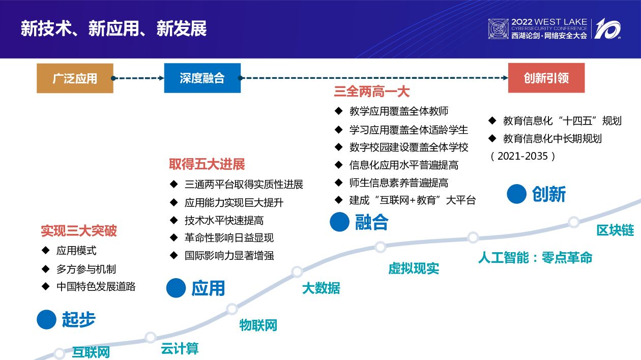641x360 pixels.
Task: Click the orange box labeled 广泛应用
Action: pos(75,78)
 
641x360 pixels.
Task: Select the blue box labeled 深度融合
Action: pos(202,78)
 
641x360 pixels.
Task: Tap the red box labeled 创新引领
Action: pos(546,78)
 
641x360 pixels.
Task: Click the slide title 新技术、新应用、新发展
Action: pos(114,28)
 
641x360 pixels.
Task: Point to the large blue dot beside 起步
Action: pos(46,319)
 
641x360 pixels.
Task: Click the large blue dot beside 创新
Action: pos(516,194)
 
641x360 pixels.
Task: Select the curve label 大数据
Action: pos(320,288)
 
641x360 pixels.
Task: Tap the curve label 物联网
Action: pos(258,325)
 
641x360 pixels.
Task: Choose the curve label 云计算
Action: pos(180,349)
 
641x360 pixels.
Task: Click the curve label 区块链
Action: pos(615,230)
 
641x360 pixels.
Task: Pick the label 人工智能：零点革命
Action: pos(535,257)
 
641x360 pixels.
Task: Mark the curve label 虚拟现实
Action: pos(414,268)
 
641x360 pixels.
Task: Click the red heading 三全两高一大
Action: pos(371,92)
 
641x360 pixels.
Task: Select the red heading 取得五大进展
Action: pos(207,164)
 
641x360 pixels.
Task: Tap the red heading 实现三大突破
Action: pos(79,231)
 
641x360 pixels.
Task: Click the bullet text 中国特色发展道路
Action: pos(96,286)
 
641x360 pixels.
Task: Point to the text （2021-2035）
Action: pos(523,156)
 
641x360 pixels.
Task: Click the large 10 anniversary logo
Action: pos(607,28)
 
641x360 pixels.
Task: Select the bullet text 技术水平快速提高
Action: pos(224,220)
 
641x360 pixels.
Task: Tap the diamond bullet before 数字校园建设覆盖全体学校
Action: pos(339,147)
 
